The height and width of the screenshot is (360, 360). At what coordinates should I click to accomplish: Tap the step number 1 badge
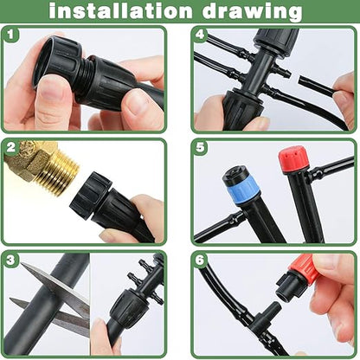click(x=11, y=36)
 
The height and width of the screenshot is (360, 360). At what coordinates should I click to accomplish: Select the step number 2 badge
click(x=11, y=148)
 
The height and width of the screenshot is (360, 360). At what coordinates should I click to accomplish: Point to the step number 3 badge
click(x=11, y=260)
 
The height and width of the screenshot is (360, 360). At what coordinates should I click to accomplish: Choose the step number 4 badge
click(x=201, y=36)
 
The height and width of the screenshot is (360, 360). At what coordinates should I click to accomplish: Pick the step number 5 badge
click(x=201, y=148)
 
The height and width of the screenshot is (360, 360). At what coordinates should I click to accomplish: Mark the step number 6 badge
click(x=201, y=260)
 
